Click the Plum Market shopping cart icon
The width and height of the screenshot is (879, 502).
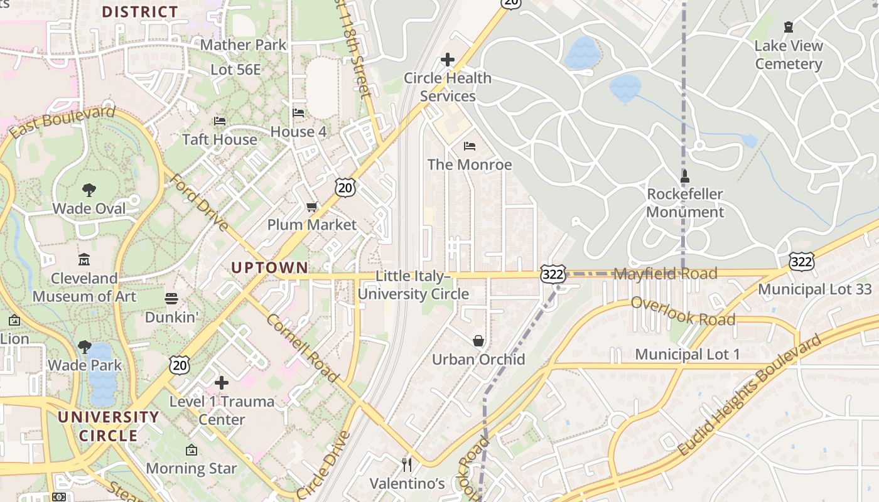[x=312, y=206]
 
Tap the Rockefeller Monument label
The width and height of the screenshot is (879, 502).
[x=685, y=203]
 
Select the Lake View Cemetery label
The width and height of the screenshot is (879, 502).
[x=789, y=55]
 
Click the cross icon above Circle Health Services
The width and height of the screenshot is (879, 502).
[x=448, y=60]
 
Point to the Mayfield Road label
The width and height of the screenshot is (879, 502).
[x=665, y=274]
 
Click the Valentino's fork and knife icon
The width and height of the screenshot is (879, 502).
[x=407, y=465]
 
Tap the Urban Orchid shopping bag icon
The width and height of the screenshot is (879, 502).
[x=478, y=341]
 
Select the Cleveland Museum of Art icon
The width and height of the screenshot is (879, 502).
[x=84, y=259]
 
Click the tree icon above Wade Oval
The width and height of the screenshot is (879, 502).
[x=89, y=190]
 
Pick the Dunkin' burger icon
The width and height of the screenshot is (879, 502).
[x=171, y=298]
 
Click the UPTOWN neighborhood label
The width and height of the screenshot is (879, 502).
[x=269, y=268]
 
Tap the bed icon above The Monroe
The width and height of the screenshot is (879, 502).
[x=470, y=146]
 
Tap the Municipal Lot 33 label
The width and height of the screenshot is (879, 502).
[x=815, y=289]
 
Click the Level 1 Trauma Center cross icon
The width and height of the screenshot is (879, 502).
[x=222, y=383]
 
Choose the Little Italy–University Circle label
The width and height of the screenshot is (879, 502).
[x=413, y=285]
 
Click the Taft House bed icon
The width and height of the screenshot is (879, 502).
[x=220, y=120]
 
